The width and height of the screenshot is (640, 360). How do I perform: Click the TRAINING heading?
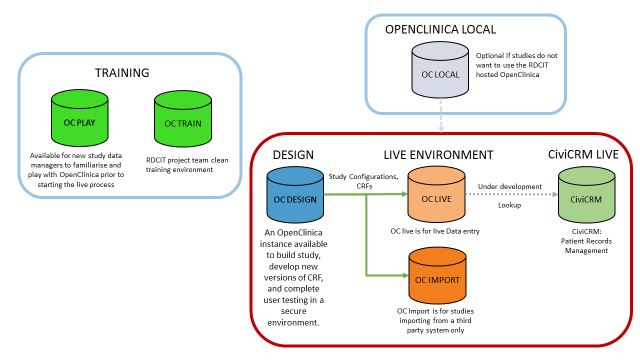[x=122, y=73]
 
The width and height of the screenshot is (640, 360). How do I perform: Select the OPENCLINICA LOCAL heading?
[x=440, y=29]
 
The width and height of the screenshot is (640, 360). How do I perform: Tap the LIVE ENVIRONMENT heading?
[x=438, y=155]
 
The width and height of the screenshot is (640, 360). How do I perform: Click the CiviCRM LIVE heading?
[x=583, y=155]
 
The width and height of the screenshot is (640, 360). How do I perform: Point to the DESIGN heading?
[x=293, y=155]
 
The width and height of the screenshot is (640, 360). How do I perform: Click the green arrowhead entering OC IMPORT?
[x=404, y=275]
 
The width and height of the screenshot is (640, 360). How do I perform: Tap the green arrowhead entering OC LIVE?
[x=404, y=194]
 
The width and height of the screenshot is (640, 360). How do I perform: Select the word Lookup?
[x=509, y=205]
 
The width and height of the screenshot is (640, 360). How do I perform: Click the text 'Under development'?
[x=510, y=186]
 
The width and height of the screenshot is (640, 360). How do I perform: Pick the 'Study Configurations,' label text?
[x=363, y=176]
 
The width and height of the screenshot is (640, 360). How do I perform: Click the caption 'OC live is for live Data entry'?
[x=435, y=231]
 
